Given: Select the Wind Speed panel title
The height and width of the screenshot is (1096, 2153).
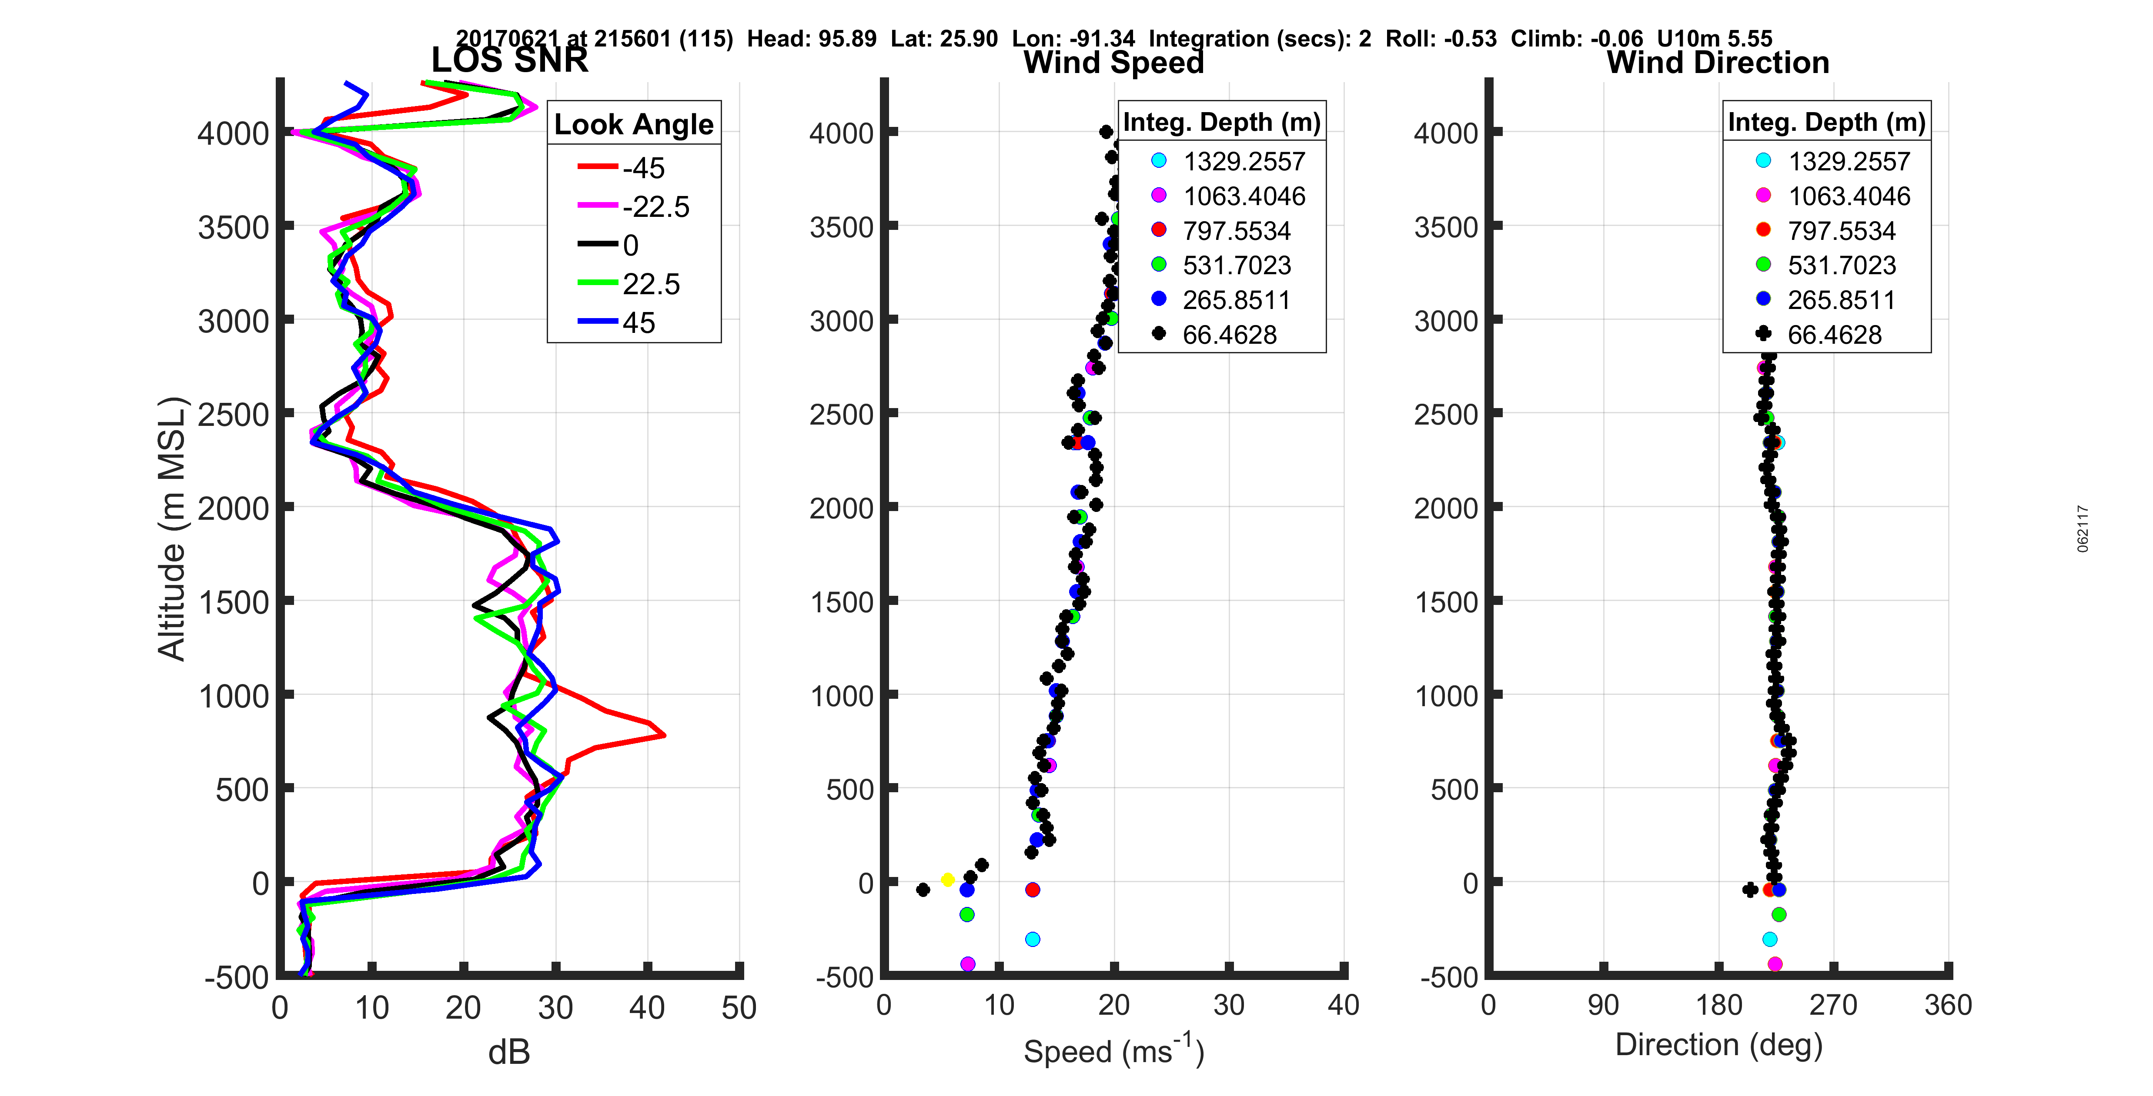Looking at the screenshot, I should click(x=1113, y=63).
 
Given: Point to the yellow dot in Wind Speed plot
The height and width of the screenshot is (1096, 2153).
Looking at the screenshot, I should click(x=947, y=880).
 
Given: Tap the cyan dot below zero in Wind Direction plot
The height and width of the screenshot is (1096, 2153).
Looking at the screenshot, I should click(x=1769, y=940).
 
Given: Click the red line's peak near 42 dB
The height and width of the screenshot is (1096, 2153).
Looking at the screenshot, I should click(x=664, y=735).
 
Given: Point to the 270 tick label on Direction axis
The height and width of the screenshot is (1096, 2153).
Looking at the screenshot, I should click(x=1833, y=1005).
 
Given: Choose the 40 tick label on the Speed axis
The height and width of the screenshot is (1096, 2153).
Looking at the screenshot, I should click(x=1342, y=1005).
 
